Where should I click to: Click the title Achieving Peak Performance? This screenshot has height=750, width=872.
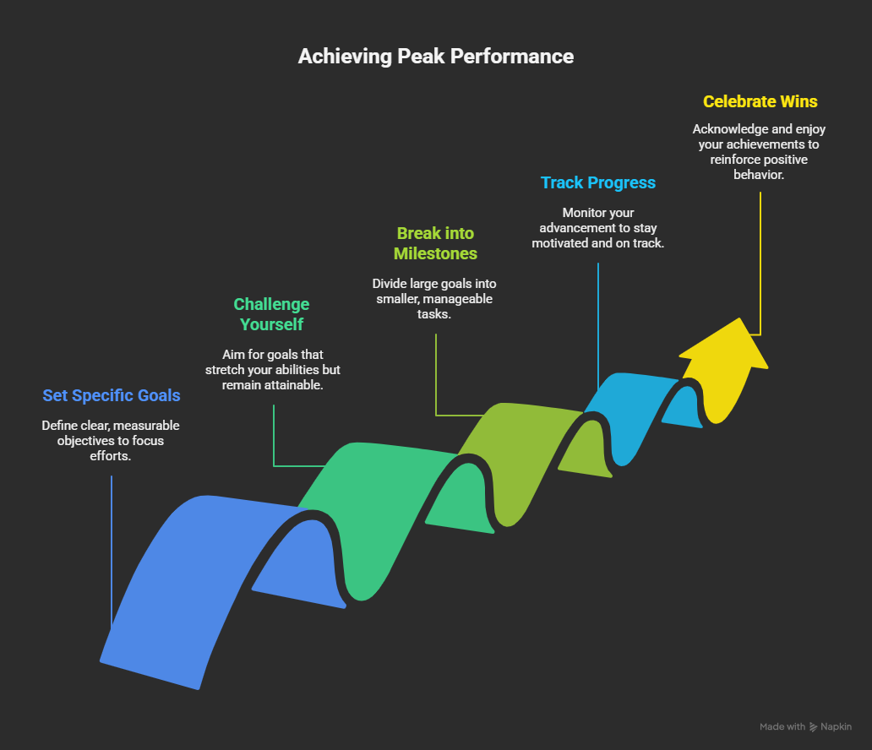(x=435, y=57)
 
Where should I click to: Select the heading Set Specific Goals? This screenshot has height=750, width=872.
(x=112, y=395)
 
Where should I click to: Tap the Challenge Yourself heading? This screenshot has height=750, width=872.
(x=271, y=314)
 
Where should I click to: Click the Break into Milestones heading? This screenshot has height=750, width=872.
(x=435, y=243)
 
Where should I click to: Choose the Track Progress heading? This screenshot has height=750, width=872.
(x=598, y=182)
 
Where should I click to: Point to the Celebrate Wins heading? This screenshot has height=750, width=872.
(x=760, y=101)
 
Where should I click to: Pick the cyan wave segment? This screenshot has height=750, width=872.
(x=629, y=405)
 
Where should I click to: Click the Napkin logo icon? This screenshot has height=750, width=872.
(x=814, y=727)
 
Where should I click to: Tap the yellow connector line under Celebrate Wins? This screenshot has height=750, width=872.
(x=760, y=262)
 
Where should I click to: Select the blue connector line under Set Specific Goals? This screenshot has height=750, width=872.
(x=112, y=549)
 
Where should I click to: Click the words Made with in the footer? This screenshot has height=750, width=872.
(x=782, y=727)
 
